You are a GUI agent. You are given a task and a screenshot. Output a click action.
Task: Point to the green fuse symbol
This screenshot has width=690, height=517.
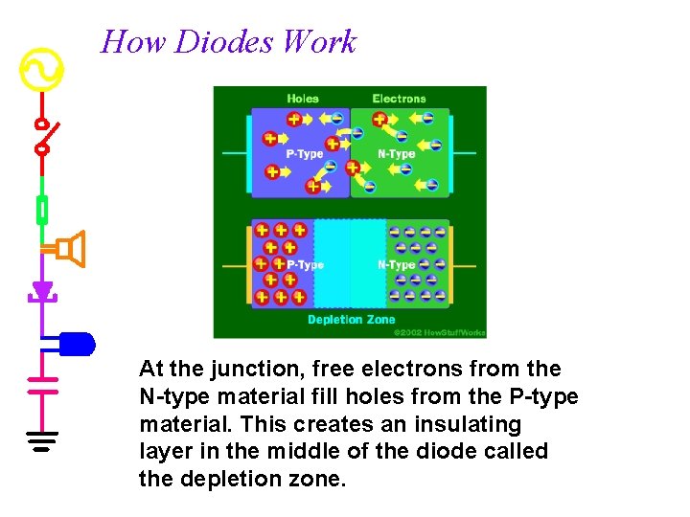[42, 207]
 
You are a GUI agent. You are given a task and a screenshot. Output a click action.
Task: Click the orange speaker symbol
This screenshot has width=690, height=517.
[69, 249]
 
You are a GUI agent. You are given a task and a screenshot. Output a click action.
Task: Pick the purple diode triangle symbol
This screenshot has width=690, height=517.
[42, 290]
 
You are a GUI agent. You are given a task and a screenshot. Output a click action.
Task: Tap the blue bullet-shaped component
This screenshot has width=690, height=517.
[77, 343]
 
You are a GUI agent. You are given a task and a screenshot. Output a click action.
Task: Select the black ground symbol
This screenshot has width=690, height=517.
[42, 441]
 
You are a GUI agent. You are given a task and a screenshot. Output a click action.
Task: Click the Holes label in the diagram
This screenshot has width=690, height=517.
[303, 99]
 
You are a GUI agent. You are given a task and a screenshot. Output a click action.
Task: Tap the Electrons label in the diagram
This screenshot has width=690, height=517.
[399, 99]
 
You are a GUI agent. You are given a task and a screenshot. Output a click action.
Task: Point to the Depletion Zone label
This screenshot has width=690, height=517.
[351, 320]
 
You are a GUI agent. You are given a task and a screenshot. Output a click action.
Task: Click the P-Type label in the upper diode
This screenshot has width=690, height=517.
[305, 154]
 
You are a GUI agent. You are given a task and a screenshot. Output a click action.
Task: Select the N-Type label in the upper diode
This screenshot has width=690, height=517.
[397, 154]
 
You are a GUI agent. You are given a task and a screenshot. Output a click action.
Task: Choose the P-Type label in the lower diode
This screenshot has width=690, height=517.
[305, 265]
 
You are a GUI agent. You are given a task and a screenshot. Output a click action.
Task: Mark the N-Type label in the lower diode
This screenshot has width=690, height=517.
[396, 265]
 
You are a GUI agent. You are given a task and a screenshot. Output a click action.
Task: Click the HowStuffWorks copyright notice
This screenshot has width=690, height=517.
[440, 332]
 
